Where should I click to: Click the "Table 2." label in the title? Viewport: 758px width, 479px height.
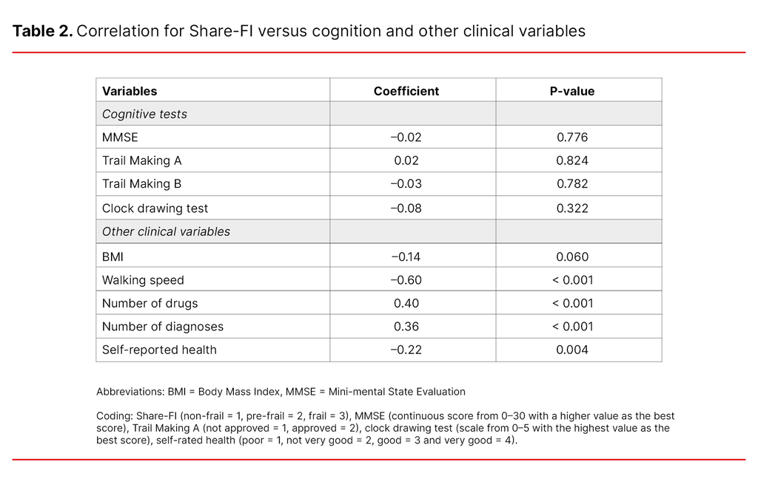click(x=42, y=31)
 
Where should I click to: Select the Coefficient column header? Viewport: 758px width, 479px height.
click(x=406, y=91)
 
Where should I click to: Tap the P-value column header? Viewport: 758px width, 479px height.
click(x=571, y=91)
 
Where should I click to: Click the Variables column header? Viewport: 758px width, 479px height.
click(x=130, y=91)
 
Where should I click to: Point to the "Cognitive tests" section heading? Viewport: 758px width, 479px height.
click(x=144, y=114)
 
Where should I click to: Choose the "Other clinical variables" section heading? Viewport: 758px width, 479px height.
click(x=166, y=231)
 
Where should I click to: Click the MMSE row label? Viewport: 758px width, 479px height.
click(x=120, y=137)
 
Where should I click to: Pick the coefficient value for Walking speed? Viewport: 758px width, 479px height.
click(x=406, y=280)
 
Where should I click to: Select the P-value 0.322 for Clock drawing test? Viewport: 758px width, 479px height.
click(x=572, y=208)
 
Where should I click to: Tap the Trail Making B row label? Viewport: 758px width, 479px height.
click(x=141, y=184)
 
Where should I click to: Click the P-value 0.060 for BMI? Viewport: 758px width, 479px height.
click(x=572, y=257)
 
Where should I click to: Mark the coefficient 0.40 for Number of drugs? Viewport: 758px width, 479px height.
click(x=407, y=303)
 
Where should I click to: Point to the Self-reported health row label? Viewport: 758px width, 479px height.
click(x=159, y=350)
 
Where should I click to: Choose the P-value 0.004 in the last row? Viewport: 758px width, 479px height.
click(x=572, y=350)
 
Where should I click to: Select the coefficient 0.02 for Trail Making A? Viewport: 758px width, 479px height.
click(x=407, y=160)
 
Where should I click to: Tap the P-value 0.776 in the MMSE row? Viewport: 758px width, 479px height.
click(x=572, y=137)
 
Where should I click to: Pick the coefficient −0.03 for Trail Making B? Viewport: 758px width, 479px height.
click(x=406, y=184)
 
